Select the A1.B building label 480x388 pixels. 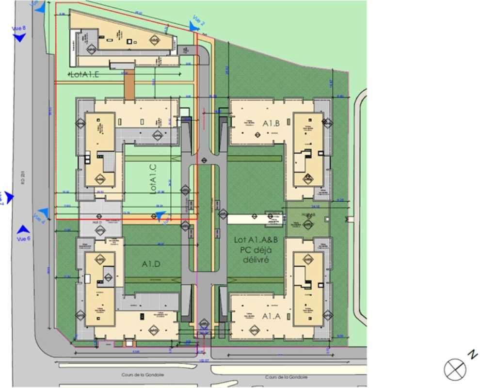click(272, 124)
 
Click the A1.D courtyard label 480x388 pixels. click(151, 264)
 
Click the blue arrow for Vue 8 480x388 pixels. click(19, 38)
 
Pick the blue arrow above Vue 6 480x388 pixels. click(23, 229)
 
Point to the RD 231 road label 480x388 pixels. click(22, 178)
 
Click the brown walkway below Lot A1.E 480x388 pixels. click(129, 85)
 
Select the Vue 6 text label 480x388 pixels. click(23, 238)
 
